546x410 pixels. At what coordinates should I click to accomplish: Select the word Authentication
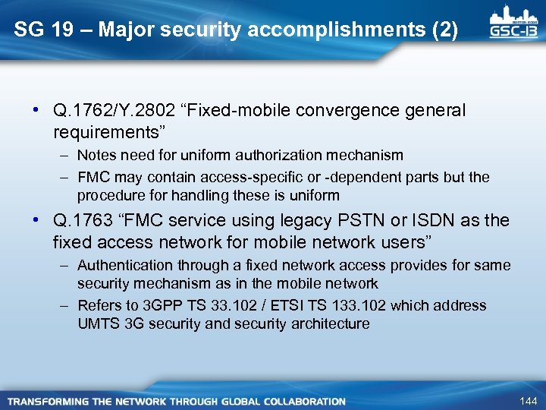click(x=125, y=266)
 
